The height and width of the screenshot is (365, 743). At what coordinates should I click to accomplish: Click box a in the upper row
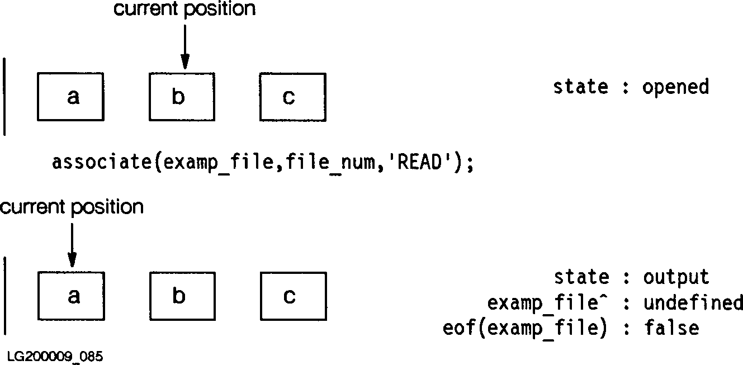pos(70,97)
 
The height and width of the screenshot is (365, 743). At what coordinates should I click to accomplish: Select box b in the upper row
pos(182,97)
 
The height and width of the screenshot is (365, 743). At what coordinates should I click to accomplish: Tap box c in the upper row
pos(293,97)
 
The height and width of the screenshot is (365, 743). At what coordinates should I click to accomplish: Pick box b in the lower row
pos(182,296)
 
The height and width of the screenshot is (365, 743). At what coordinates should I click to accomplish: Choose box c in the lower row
pos(293,296)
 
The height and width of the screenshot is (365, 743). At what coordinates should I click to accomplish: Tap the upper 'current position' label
pos(184,9)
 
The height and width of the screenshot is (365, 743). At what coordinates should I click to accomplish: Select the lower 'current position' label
pos(72,207)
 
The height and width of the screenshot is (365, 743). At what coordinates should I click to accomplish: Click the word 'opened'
pos(675,87)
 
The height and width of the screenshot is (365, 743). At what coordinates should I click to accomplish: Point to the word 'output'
pos(676,277)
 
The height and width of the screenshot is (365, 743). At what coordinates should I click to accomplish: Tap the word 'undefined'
pos(693,303)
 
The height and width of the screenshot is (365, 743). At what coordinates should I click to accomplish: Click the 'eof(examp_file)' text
pos(524,328)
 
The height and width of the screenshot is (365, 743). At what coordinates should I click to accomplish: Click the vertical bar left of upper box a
pos(5,96)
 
